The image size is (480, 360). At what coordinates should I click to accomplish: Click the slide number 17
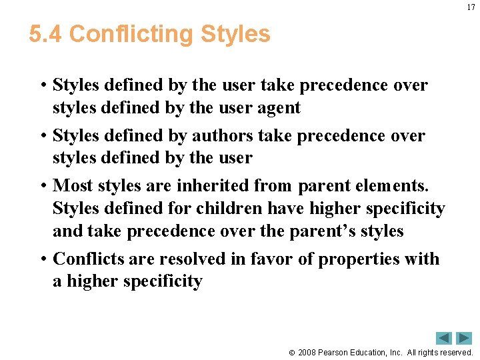click(x=471, y=7)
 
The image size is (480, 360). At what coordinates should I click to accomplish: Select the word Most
click(x=73, y=185)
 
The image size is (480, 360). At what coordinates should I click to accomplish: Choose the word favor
click(x=271, y=259)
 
